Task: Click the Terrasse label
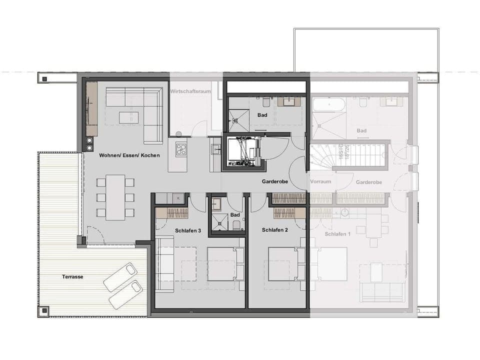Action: (72, 276)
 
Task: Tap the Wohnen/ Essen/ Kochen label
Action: (129, 155)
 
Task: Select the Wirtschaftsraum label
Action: (190, 91)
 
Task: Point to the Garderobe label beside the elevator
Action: (274, 182)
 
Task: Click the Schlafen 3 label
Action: (188, 230)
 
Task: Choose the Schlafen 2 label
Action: (275, 230)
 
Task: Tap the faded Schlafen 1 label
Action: (337, 234)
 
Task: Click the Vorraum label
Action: (320, 182)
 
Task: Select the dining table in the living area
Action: (115, 197)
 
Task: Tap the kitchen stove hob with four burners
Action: (181, 149)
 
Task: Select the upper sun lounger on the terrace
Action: (120, 276)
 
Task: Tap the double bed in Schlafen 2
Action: (283, 263)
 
